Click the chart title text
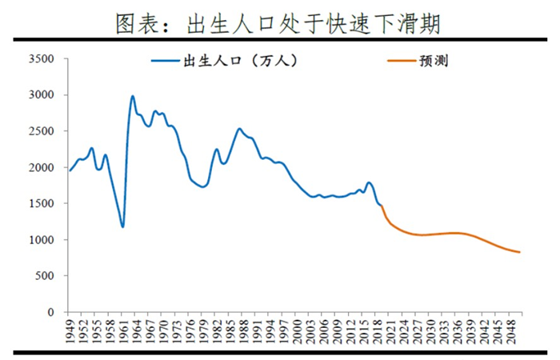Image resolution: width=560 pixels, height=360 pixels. (x=278, y=24)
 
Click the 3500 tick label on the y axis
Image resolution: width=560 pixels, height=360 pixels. (x=42, y=59)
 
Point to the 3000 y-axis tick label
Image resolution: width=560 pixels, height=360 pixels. (x=42, y=95)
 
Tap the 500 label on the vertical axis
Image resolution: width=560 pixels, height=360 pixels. (x=45, y=276)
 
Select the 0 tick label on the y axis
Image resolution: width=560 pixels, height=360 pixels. (x=51, y=312)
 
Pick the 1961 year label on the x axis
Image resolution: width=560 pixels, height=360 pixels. (x=122, y=331)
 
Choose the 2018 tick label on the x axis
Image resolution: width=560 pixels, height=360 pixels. (x=377, y=331)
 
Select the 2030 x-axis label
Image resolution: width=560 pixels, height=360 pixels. (x=430, y=331)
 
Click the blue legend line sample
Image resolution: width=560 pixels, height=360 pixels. (x=166, y=61)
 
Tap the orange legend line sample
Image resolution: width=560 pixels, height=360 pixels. (x=402, y=61)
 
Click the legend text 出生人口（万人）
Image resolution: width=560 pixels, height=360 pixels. (x=240, y=61)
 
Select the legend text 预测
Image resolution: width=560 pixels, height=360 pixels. (x=434, y=61)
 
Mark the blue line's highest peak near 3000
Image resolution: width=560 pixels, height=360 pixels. (x=133, y=96)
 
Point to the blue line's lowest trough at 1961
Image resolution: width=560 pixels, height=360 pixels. (x=122, y=226)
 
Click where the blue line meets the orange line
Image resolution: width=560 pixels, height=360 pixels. (x=382, y=206)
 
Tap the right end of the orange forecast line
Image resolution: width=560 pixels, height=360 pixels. (x=520, y=252)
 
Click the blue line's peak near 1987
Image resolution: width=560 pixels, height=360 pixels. (x=239, y=129)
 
